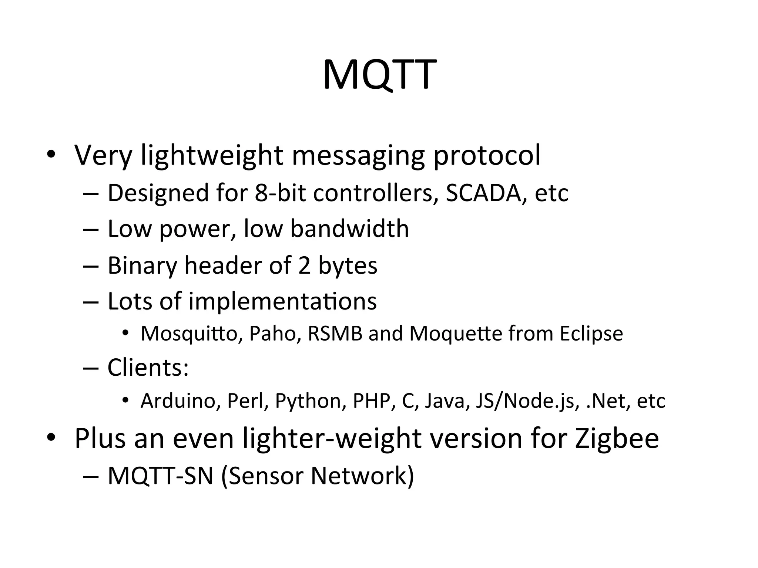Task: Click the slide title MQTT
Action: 379,75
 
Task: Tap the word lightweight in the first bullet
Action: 212,156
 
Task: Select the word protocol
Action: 487,156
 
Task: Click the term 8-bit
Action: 280,193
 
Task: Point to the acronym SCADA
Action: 483,193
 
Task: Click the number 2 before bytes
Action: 304,266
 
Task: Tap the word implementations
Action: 282,301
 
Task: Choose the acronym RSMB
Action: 335,334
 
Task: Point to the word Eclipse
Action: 591,334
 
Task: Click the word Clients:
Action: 148,368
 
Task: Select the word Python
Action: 311,401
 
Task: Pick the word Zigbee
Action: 617,439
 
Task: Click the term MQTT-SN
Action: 160,476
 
